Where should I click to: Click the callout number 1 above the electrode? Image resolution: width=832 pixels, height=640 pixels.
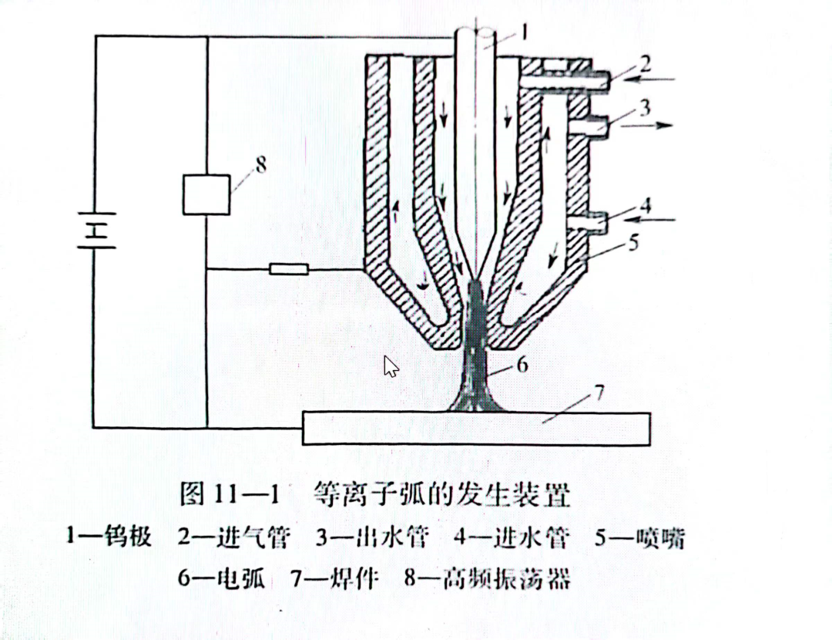522,32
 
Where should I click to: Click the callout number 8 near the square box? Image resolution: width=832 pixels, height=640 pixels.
260,164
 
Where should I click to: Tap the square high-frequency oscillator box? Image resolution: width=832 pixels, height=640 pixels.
206,194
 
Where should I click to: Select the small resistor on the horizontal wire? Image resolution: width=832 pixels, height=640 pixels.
289,269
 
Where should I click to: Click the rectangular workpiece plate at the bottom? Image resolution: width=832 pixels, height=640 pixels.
476,429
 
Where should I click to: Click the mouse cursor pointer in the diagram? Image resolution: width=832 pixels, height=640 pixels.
391,366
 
